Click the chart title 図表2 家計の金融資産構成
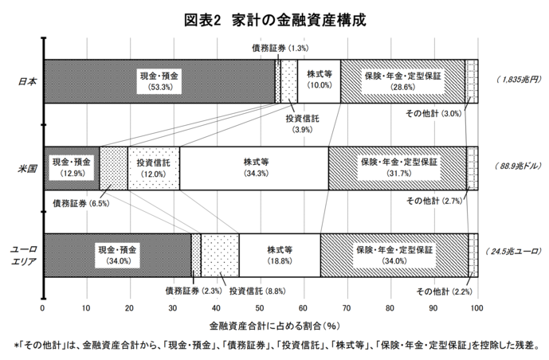275,20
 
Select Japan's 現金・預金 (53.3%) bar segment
159,81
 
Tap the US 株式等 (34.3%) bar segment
254,168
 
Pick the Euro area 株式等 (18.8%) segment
280,256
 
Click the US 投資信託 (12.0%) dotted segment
154,168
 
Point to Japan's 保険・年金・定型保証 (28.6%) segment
402,81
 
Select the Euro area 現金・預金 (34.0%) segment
118,256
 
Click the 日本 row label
27,82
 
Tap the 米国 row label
27,169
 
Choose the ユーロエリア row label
23,256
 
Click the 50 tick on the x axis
260,308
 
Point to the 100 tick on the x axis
476,308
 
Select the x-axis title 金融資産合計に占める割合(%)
275,327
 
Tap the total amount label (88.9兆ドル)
518,166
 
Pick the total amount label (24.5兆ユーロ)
514,251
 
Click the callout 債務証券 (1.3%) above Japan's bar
280,49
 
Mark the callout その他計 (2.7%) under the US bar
434,202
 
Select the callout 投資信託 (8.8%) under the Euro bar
257,291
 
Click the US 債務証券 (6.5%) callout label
81,203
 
